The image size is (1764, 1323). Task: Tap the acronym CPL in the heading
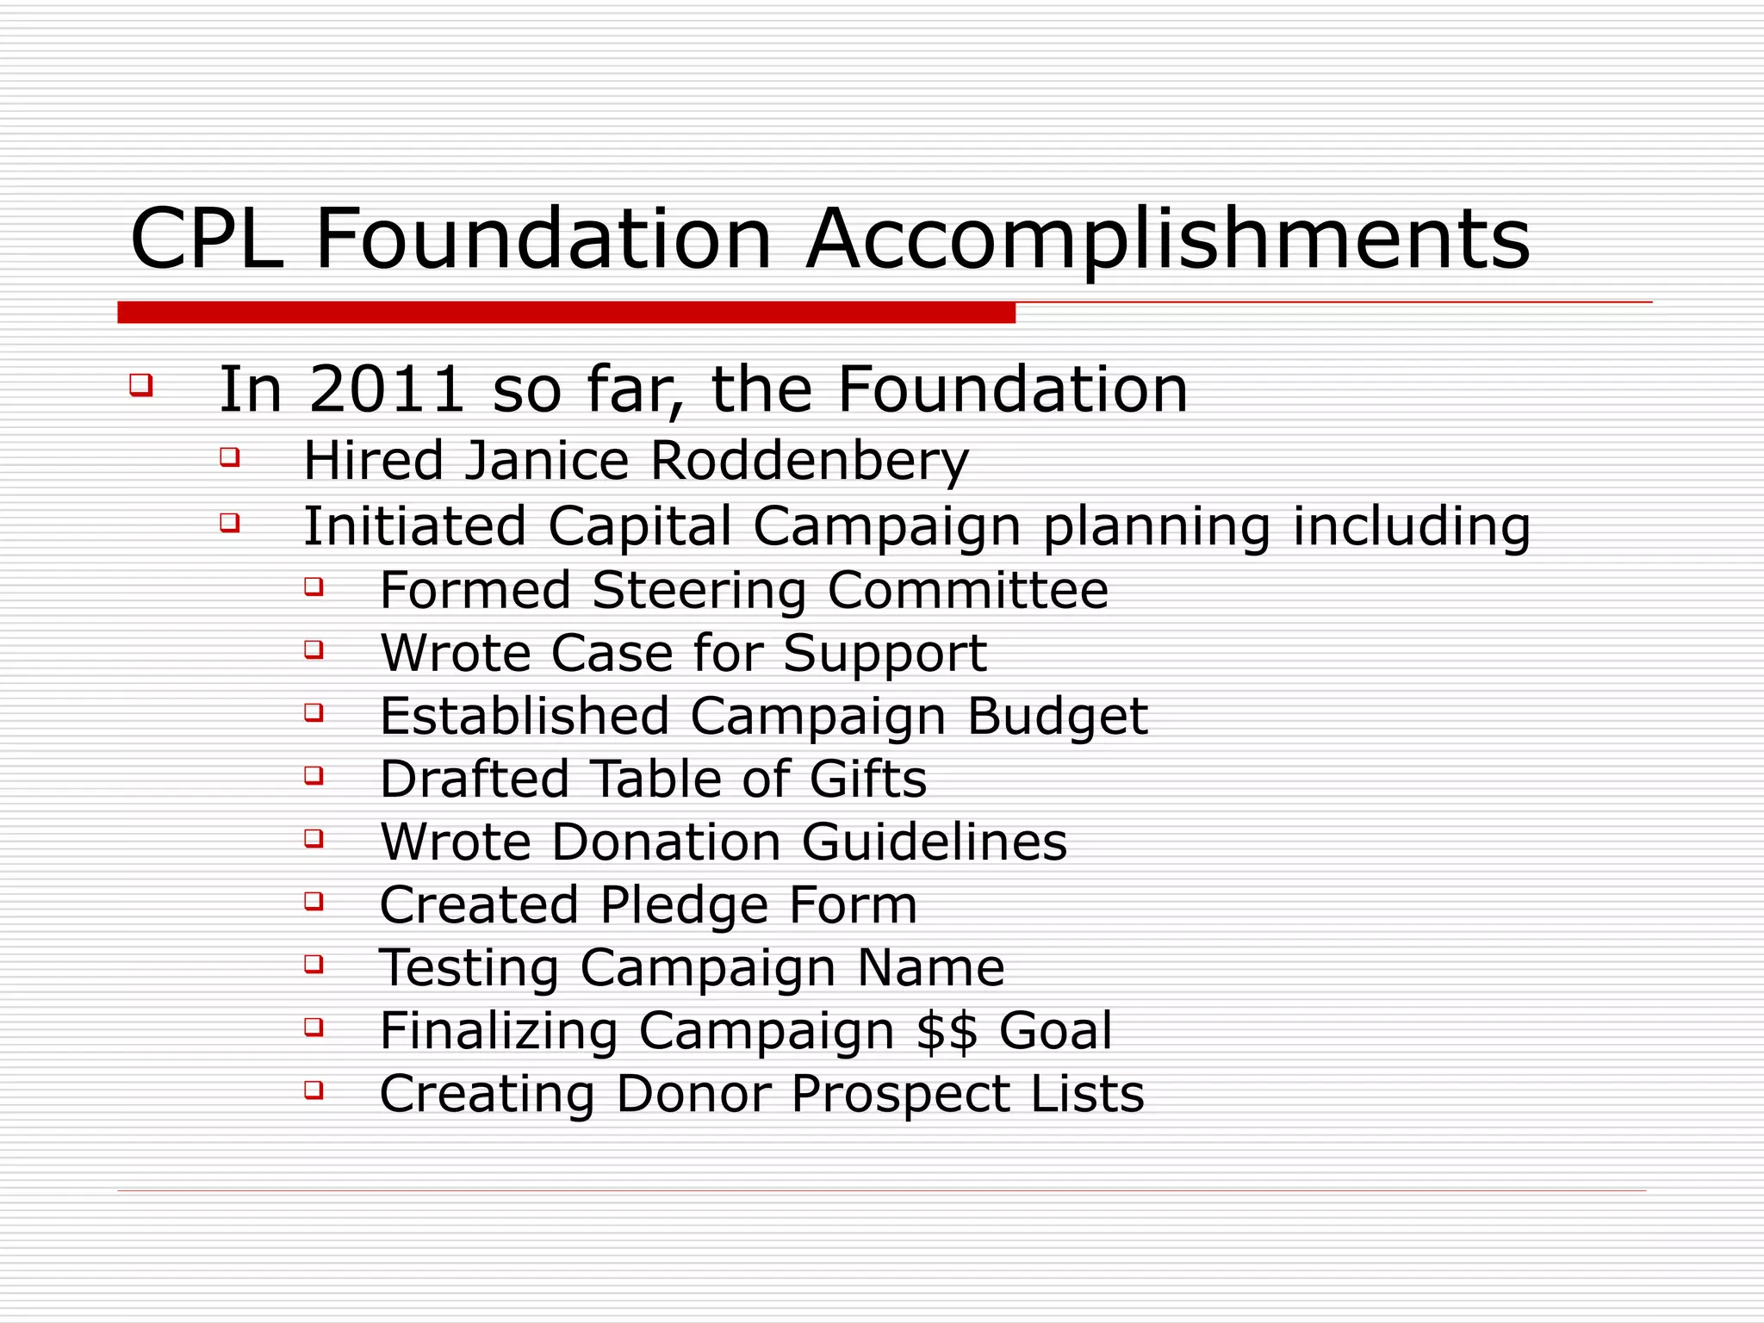pyautogui.click(x=207, y=239)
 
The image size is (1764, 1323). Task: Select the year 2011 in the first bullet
pyautogui.click(x=388, y=389)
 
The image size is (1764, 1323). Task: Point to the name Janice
pyautogui.click(x=547, y=461)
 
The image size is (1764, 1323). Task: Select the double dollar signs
pyautogui.click(x=947, y=1031)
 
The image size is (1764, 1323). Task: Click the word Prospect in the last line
pyautogui.click(x=899, y=1094)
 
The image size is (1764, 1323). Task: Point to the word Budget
pyautogui.click(x=1057, y=717)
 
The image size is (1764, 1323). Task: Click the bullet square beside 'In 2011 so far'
pyautogui.click(x=140, y=384)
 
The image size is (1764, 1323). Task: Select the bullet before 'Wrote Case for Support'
pyautogui.click(x=314, y=649)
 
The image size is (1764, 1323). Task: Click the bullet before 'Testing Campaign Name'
pyautogui.click(x=314, y=963)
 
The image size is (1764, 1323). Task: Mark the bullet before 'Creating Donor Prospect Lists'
pyautogui.click(x=314, y=1090)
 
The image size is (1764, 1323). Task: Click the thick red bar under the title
pyautogui.click(x=566, y=313)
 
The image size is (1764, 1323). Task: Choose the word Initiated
pyautogui.click(x=414, y=526)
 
